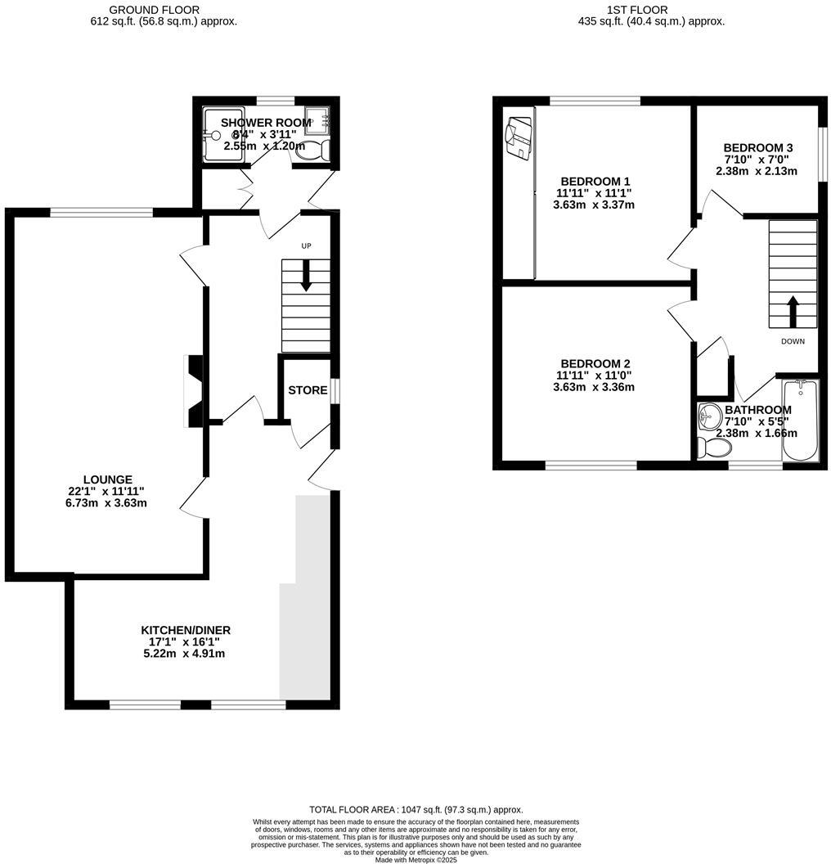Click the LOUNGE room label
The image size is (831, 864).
click(107, 479)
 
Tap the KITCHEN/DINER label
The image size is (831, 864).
click(186, 630)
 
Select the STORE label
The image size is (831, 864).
click(308, 390)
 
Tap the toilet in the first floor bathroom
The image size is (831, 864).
click(713, 447)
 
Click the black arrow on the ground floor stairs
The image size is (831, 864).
click(306, 275)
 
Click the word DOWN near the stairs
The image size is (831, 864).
click(793, 341)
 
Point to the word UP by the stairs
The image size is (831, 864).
click(306, 245)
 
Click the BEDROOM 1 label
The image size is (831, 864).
click(595, 181)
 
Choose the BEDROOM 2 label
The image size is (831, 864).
click(595, 363)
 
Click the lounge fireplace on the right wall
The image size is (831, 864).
click(194, 391)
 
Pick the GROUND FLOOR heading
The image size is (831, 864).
click(154, 10)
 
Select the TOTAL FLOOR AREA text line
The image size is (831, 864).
click(415, 809)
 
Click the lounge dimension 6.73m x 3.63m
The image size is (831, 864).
click(107, 503)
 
